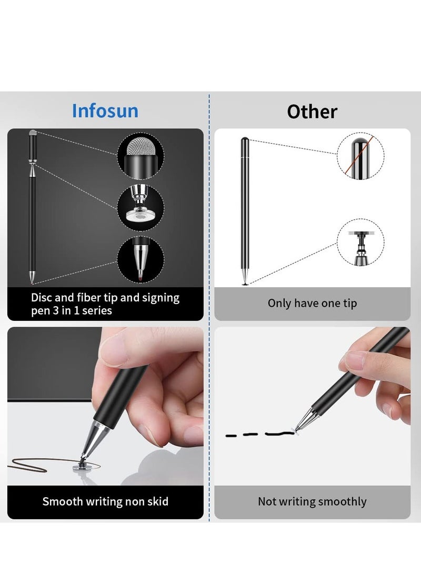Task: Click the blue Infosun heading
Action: click(x=105, y=111)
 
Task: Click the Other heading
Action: click(x=312, y=112)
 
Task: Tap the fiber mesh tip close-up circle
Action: click(x=140, y=157)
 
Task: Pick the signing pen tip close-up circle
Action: click(x=140, y=259)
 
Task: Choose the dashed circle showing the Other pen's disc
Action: click(x=360, y=242)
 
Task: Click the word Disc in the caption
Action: click(x=42, y=298)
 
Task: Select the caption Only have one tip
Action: click(x=312, y=303)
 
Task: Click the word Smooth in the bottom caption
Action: click(x=62, y=501)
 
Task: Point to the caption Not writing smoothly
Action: click(x=312, y=501)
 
